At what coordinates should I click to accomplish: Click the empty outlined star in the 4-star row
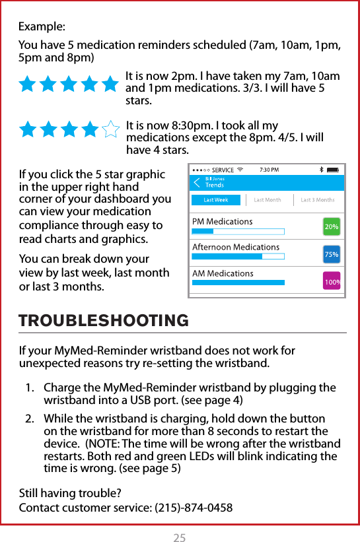tap(111, 129)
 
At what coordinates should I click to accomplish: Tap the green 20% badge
tap(332, 226)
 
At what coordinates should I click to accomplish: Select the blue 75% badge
tap(332, 254)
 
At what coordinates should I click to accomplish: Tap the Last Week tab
tap(216, 200)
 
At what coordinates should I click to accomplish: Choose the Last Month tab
tap(268, 200)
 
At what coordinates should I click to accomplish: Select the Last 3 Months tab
tap(317, 200)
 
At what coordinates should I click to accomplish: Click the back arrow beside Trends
tap(196, 182)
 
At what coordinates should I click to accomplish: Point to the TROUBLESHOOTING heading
tap(104, 322)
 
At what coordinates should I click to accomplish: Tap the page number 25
tap(179, 538)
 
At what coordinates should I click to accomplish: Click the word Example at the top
tap(42, 27)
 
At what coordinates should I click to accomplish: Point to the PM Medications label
tap(222, 221)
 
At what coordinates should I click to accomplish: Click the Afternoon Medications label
tap(235, 247)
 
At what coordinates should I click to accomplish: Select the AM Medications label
tap(223, 273)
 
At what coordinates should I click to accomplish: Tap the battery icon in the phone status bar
tap(334, 170)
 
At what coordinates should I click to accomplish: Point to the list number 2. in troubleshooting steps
tap(30, 419)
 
